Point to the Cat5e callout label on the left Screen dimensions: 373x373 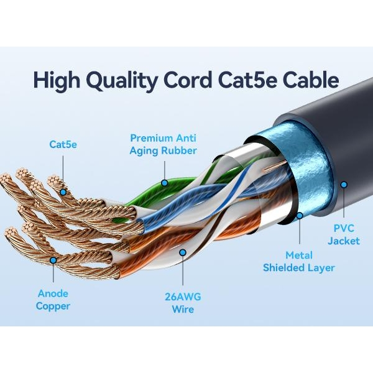point(63,144)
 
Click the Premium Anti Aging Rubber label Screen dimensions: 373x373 point(163,144)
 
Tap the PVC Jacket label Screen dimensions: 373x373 point(344,234)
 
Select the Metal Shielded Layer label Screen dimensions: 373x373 point(299,261)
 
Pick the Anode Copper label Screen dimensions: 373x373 point(53,299)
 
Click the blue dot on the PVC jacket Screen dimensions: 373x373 point(343,184)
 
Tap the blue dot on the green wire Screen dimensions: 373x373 point(164,183)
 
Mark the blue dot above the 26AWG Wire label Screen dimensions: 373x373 point(183,252)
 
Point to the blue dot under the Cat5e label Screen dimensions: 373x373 point(63,192)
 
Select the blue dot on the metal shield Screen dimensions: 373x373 point(299,216)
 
